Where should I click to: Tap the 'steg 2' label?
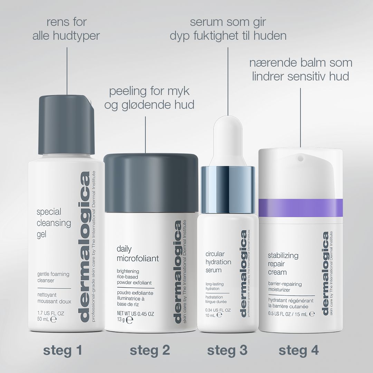(150, 350)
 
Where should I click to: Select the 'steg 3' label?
(227, 350)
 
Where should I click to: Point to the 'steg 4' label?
(298, 350)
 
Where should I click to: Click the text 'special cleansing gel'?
(49, 223)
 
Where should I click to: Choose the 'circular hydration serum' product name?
(218, 262)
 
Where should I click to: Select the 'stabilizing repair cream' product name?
(283, 264)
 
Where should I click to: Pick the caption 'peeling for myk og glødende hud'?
(149, 98)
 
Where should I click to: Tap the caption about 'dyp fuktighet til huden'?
(228, 29)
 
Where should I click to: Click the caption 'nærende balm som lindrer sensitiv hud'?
(300, 69)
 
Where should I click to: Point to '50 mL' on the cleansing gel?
(44, 319)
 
